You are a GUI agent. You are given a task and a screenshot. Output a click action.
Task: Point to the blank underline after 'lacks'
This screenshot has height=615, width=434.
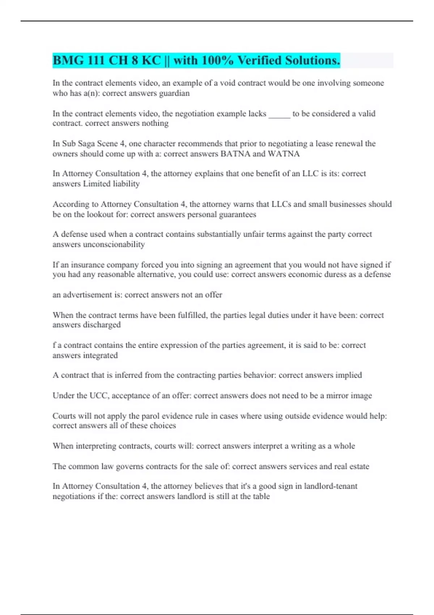pyautogui.click(x=279, y=114)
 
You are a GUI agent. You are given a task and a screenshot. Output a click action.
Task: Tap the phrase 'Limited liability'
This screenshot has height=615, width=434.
pyautogui.click(x=111, y=184)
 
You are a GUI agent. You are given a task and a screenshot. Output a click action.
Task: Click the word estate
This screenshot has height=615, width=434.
pyautogui.click(x=359, y=466)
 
